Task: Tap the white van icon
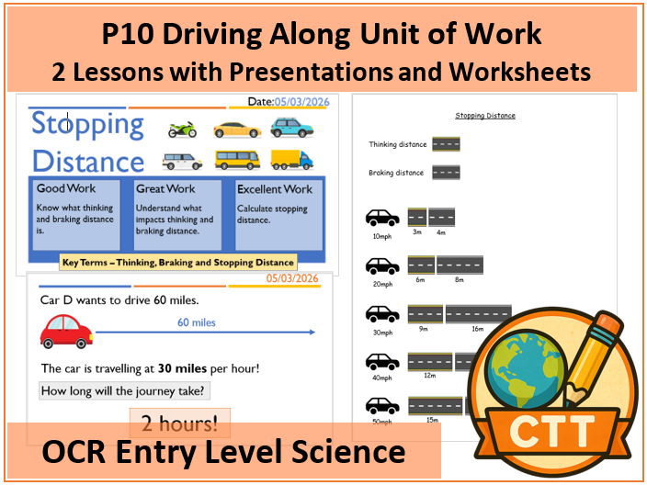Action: (x=182, y=160)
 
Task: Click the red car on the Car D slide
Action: (x=66, y=331)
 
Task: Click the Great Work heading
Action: (x=165, y=189)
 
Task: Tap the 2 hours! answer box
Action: (x=179, y=424)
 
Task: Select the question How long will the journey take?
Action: (x=124, y=389)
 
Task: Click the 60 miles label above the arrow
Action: (x=197, y=321)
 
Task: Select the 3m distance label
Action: (x=416, y=232)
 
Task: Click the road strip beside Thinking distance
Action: (x=445, y=143)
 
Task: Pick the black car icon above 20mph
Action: (x=382, y=265)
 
